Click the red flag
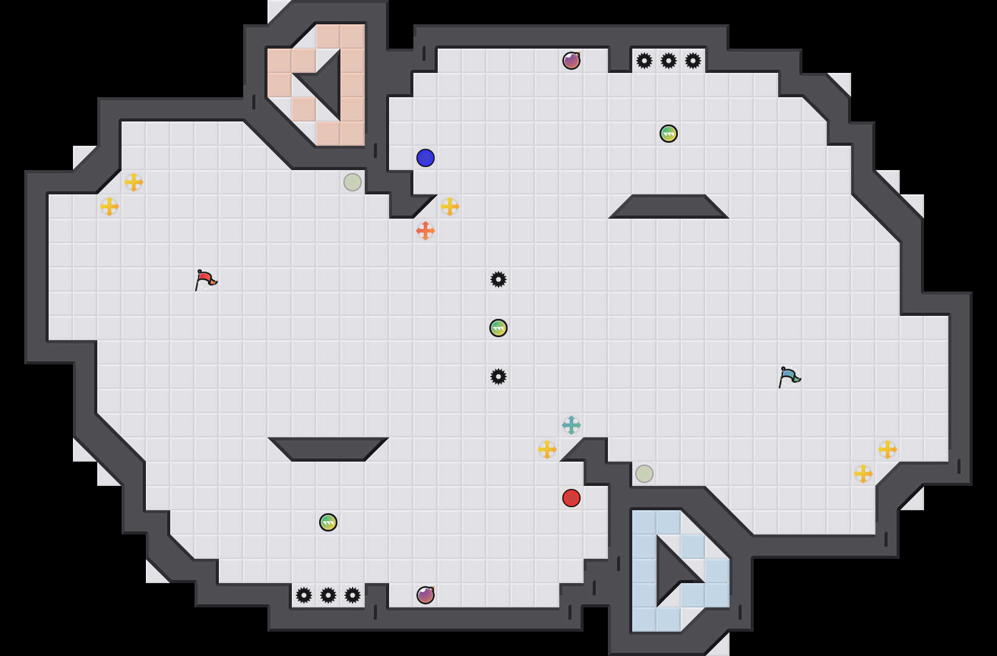click(x=205, y=279)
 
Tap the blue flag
click(x=789, y=377)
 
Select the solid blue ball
click(x=426, y=158)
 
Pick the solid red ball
click(x=571, y=498)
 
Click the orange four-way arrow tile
click(x=426, y=231)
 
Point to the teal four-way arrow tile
click(x=571, y=425)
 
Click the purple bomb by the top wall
click(x=571, y=61)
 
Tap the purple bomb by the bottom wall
click(x=426, y=595)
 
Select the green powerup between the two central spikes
click(x=498, y=328)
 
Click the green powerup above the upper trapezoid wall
click(x=669, y=134)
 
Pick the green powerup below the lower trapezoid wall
click(x=328, y=522)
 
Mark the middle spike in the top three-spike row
click(x=669, y=61)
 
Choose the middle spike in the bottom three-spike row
click(x=328, y=595)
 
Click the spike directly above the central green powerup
click(x=498, y=279)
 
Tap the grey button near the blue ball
click(x=353, y=182)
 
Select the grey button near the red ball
click(x=644, y=474)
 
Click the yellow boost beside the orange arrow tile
click(x=450, y=207)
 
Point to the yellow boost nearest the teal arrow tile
click(x=547, y=449)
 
